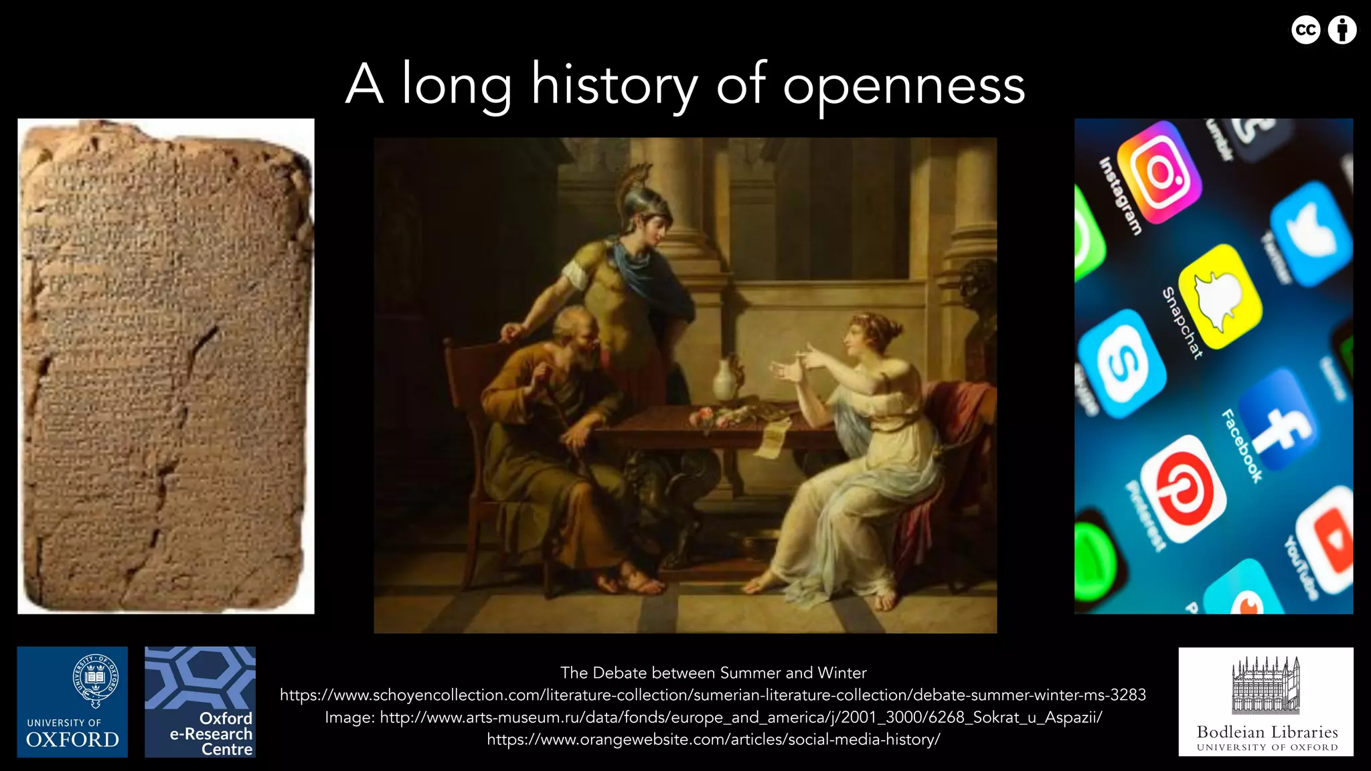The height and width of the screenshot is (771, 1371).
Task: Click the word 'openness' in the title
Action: pyautogui.click(x=904, y=86)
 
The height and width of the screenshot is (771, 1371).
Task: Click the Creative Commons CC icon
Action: pyautogui.click(x=1305, y=30)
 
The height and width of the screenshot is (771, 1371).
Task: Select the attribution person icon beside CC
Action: pyautogui.click(x=1342, y=30)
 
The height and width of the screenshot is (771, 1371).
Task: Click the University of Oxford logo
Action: pyautogui.click(x=72, y=701)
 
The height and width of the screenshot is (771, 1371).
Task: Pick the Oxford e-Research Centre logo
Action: pyautogui.click(x=200, y=701)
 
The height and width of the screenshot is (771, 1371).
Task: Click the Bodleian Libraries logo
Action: pyautogui.click(x=1266, y=701)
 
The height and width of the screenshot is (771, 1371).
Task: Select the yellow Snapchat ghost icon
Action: pyautogui.click(x=1220, y=296)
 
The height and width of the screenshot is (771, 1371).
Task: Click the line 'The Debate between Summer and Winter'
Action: pyautogui.click(x=713, y=673)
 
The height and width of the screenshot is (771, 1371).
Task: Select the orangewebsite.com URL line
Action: pyautogui.click(x=713, y=740)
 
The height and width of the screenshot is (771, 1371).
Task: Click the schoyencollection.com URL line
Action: pyautogui.click(x=713, y=695)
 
